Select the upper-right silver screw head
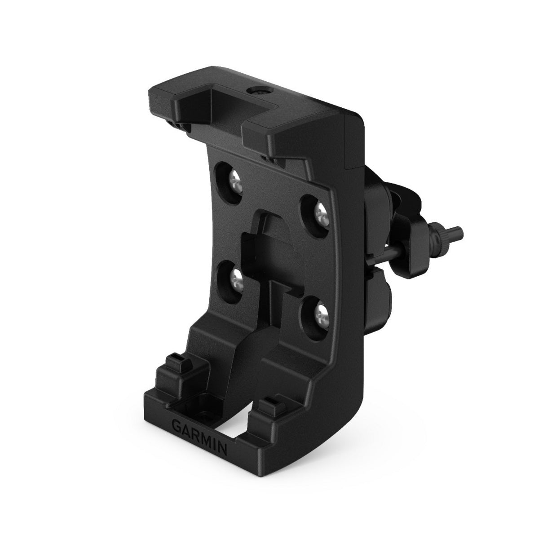pos(321,212)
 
